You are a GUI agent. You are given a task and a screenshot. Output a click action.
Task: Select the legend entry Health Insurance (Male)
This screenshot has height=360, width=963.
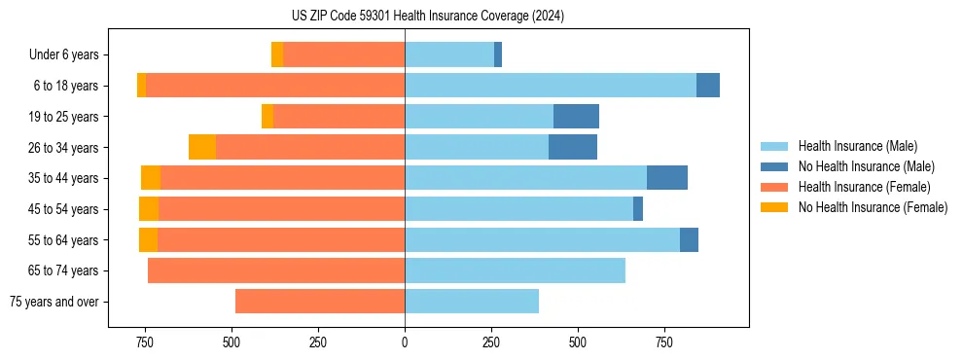click(x=856, y=146)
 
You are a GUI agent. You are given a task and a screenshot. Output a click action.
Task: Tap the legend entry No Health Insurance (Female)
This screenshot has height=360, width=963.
click(x=872, y=207)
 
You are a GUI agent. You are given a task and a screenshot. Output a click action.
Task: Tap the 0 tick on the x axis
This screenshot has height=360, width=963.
click(x=405, y=342)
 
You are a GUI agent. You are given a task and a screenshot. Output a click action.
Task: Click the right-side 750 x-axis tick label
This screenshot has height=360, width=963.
click(x=664, y=342)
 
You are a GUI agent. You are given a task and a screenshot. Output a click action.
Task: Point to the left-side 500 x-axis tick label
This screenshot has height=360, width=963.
click(x=232, y=342)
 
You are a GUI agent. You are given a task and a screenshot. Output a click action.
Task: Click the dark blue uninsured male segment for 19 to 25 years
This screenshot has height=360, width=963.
click(x=576, y=117)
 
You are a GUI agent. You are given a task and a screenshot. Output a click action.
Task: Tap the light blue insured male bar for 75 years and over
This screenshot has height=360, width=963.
click(x=472, y=302)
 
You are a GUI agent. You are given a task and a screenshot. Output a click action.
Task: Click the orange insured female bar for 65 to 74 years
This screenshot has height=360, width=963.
click(x=276, y=270)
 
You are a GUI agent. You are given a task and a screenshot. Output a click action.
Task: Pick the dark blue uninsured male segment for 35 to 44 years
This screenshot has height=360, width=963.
click(x=667, y=178)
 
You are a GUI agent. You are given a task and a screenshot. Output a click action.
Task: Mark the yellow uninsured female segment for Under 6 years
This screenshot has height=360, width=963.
click(x=277, y=55)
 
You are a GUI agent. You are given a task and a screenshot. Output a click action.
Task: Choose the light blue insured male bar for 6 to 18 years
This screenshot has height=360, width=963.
click(x=551, y=86)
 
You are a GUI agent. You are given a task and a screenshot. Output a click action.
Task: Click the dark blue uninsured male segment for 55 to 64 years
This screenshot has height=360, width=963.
click(x=689, y=239)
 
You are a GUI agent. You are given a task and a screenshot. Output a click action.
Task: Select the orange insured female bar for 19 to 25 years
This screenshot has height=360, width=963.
click(x=339, y=117)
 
